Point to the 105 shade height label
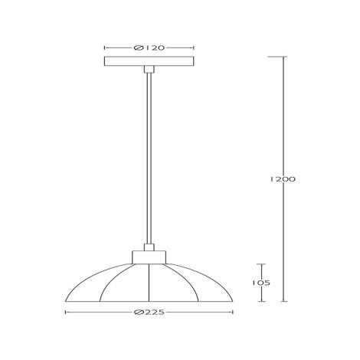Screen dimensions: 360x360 (263, 282)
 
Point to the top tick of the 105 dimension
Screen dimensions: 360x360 (263, 263)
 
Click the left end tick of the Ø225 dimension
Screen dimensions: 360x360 (64, 313)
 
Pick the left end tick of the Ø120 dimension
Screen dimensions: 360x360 (103, 47)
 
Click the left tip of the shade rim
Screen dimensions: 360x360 (64, 301)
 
